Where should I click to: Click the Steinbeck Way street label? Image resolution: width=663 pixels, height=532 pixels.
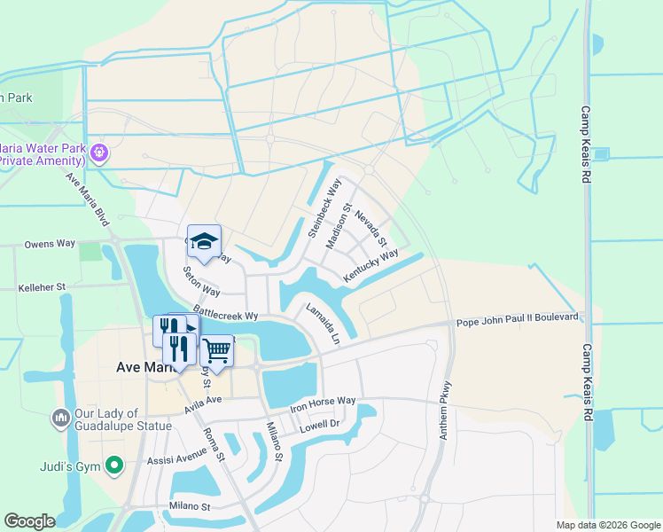[x=324, y=208]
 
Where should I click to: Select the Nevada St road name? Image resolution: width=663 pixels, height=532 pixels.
[x=371, y=229]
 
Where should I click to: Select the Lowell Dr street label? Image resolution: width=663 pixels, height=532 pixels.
[x=320, y=424]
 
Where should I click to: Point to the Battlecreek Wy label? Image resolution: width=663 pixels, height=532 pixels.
[x=225, y=315]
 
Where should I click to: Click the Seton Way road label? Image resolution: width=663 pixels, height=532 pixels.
[x=201, y=280]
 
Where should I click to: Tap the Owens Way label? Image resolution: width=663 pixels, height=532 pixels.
[x=50, y=243]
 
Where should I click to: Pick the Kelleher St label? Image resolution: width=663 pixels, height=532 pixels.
[x=43, y=287]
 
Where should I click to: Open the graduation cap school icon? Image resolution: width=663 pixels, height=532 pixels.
[x=204, y=241]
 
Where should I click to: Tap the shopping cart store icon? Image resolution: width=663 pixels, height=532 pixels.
[x=216, y=351]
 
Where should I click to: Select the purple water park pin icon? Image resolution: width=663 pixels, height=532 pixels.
[x=99, y=153]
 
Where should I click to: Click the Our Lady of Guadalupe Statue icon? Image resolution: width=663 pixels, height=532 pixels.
[x=60, y=417]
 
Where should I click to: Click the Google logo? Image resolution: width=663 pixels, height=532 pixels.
[x=30, y=521]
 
